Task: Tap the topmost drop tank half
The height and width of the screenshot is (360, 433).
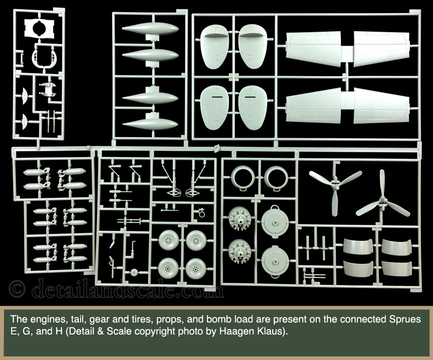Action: tap(150, 29)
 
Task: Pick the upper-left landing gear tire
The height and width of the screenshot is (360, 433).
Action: tap(169, 240)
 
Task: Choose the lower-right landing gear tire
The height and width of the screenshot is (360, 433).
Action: tap(196, 268)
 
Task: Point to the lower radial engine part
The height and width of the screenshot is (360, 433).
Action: tap(240, 251)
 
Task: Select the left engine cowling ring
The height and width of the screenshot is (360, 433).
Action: tap(243, 177)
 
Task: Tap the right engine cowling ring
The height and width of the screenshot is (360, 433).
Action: tap(277, 177)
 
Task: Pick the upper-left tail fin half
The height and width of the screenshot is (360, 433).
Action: tap(214, 47)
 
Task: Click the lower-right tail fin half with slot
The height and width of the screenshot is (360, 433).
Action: tap(252, 108)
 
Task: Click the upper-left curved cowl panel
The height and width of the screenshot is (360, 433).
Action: tap(358, 247)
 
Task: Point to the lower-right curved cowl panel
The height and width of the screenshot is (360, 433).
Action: tap(396, 268)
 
